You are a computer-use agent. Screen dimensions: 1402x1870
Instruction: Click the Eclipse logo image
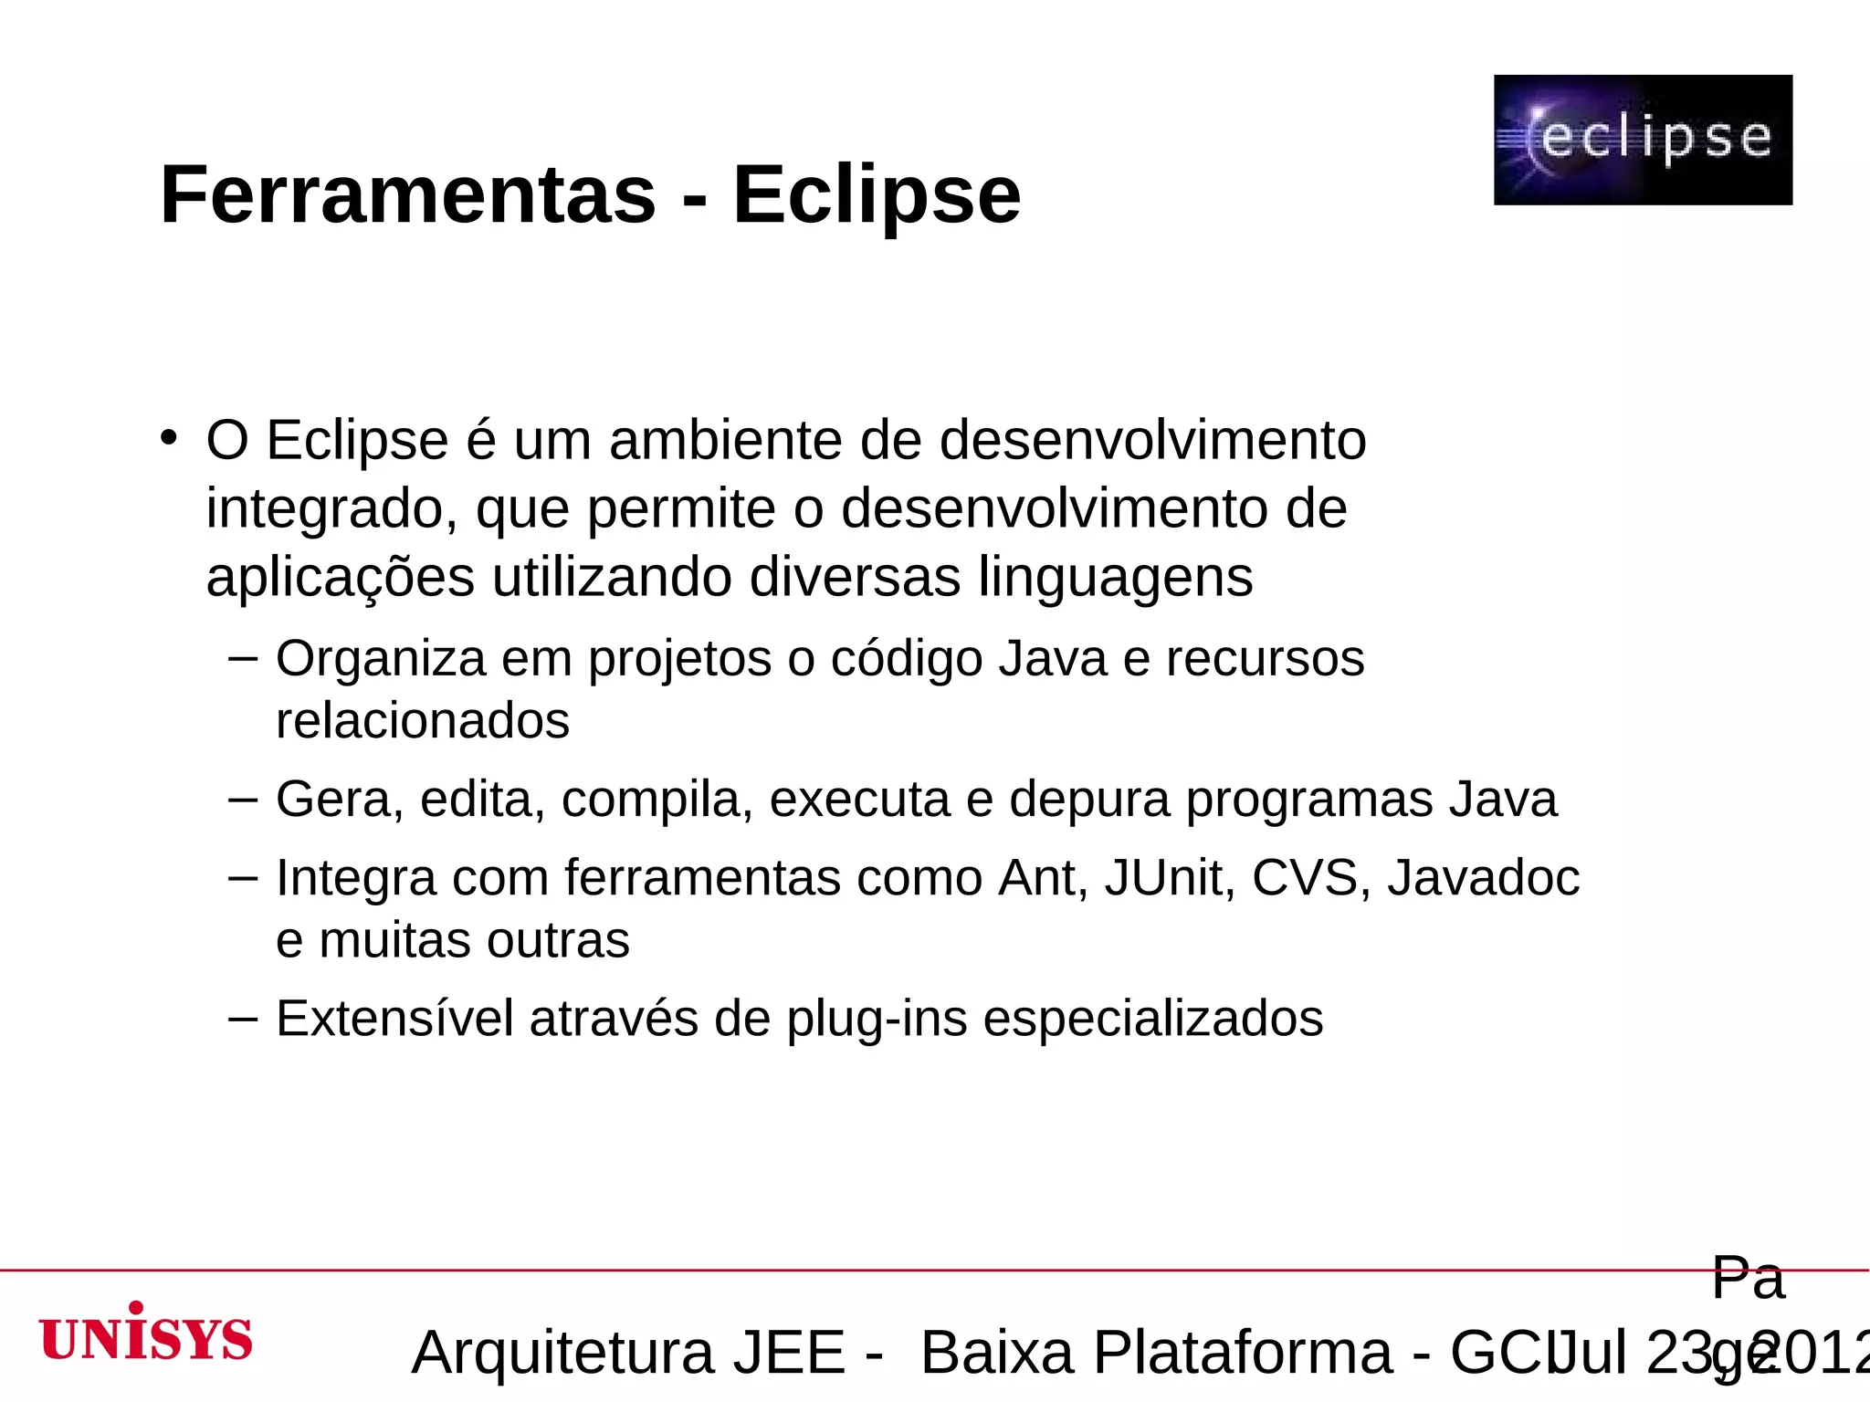(1643, 140)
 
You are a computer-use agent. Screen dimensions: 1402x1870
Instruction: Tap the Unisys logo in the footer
(146, 1334)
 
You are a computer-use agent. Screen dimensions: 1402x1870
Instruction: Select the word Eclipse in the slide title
(877, 194)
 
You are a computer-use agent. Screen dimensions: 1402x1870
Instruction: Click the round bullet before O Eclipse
(168, 438)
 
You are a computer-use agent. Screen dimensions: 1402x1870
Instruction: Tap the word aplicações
(341, 578)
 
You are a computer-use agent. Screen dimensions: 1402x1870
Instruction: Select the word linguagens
(1116, 578)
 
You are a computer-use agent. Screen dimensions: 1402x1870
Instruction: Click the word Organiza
(380, 659)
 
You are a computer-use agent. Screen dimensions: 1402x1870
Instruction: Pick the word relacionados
(423, 721)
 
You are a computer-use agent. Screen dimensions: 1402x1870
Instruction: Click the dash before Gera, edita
(243, 799)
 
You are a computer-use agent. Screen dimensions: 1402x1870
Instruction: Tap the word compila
(657, 800)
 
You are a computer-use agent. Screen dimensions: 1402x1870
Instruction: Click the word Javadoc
(1484, 878)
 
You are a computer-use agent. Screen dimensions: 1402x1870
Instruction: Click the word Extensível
(394, 1019)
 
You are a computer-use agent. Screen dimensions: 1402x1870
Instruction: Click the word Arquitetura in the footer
(562, 1353)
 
